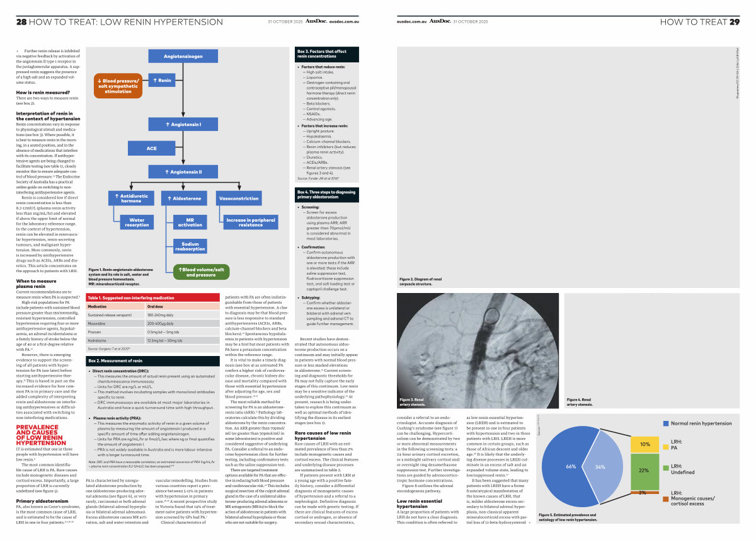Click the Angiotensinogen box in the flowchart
183,56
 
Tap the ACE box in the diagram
151,148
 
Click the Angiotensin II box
183,171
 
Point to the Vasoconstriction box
238,198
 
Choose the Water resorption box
137,222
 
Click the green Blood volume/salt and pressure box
201,272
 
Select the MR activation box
190,222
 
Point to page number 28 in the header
21,21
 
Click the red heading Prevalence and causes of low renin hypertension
40,417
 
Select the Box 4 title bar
327,193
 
